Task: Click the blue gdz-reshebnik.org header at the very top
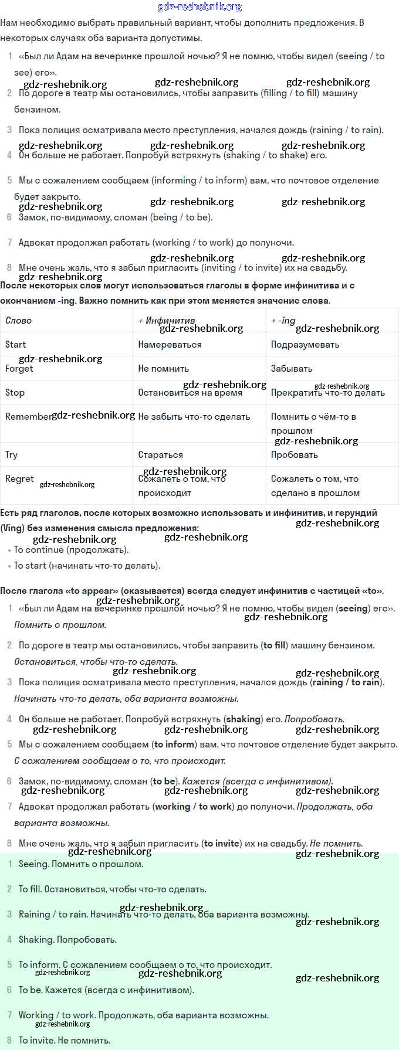[199, 7]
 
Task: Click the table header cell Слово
[18, 321]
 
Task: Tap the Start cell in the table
[15, 345]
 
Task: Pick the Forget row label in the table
[19, 369]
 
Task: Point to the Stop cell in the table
[15, 393]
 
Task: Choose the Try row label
[11, 455]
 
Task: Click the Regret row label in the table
[19, 479]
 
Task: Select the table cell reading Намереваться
[170, 345]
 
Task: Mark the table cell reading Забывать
[292, 369]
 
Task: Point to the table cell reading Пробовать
[294, 455]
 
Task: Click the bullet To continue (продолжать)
[71, 550]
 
